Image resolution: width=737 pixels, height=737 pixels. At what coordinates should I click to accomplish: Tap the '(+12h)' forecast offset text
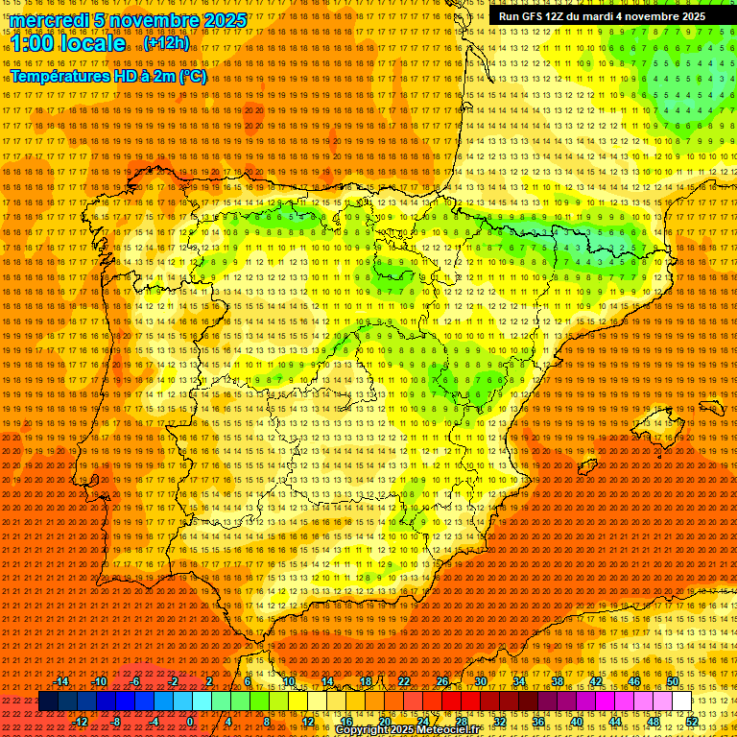click(x=166, y=43)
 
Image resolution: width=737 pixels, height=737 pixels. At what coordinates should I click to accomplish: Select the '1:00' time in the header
click(x=33, y=44)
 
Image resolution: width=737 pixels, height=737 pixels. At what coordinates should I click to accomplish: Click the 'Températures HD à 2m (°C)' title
click(x=107, y=76)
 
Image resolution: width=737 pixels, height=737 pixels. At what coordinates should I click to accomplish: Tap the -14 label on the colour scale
click(x=61, y=681)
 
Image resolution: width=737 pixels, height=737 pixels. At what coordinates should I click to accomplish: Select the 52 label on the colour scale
click(x=691, y=721)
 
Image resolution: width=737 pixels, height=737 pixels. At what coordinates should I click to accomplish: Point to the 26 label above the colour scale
click(x=442, y=681)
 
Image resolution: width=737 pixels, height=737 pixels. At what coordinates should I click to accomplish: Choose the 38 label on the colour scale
click(x=557, y=681)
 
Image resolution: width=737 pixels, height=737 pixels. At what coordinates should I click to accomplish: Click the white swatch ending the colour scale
click(x=681, y=701)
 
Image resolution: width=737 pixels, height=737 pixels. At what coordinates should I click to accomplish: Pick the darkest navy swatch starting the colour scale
click(x=49, y=701)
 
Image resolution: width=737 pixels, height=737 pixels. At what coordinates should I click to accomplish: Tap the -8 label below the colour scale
click(x=116, y=721)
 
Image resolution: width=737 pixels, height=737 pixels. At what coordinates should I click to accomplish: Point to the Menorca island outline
click(x=712, y=407)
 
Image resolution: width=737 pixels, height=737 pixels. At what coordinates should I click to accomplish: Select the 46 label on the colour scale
click(x=633, y=681)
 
